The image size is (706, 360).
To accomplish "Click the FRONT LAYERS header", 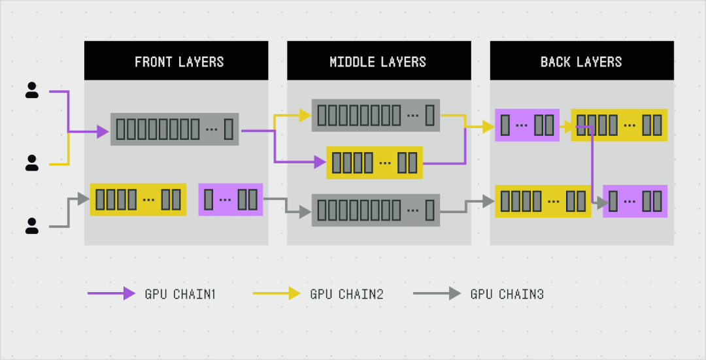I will [179, 62].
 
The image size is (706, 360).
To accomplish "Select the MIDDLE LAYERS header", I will [378, 62].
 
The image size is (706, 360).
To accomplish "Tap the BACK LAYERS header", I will [581, 62].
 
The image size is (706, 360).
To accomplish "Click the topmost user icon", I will [31, 91].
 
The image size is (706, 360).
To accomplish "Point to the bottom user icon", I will [31, 226].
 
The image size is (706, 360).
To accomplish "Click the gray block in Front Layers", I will [175, 129].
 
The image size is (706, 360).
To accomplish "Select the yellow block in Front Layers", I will [138, 199].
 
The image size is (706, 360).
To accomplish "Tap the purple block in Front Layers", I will [230, 199].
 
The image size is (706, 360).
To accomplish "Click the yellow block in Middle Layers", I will [375, 163].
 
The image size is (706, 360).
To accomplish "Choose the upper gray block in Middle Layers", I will [376, 116].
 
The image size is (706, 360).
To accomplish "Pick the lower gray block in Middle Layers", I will [376, 210].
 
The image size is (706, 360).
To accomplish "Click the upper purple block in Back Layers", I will [527, 125].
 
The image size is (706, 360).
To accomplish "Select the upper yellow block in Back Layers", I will [619, 125].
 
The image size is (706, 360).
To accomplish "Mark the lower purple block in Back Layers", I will [635, 201].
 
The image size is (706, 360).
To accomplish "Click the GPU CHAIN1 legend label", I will [180, 294].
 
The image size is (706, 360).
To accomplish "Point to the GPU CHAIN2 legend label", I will [346, 294].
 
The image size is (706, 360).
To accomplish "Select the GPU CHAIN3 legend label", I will [507, 294].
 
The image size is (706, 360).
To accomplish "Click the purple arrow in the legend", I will [111, 294].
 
